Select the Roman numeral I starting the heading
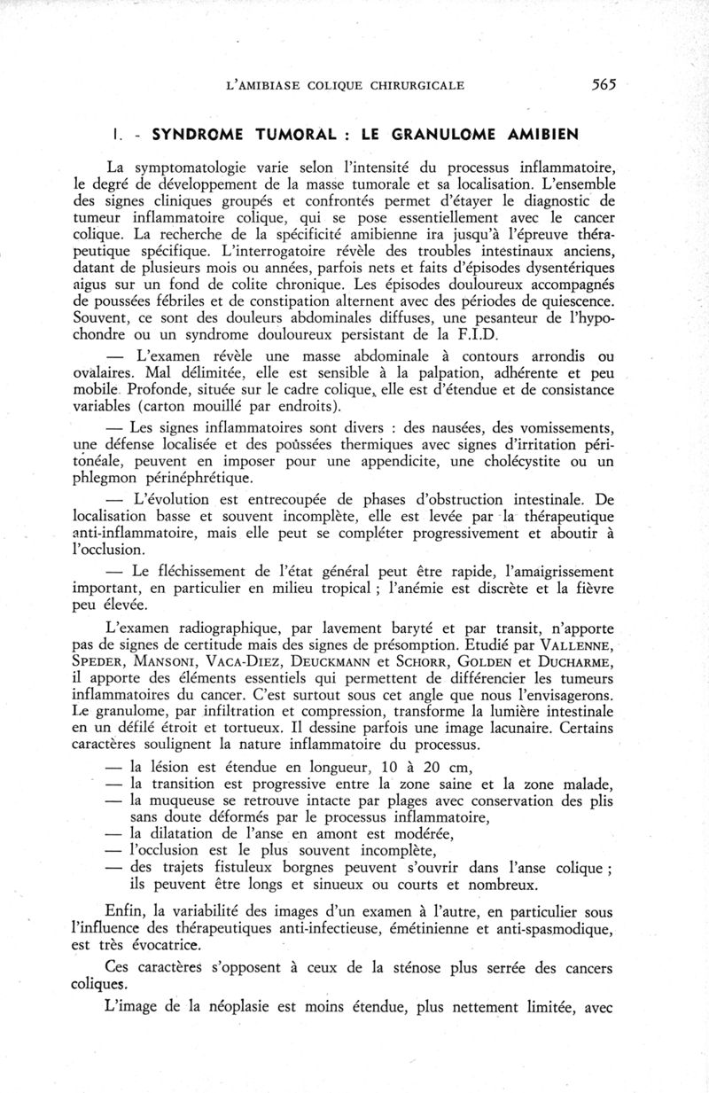[x=117, y=135]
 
